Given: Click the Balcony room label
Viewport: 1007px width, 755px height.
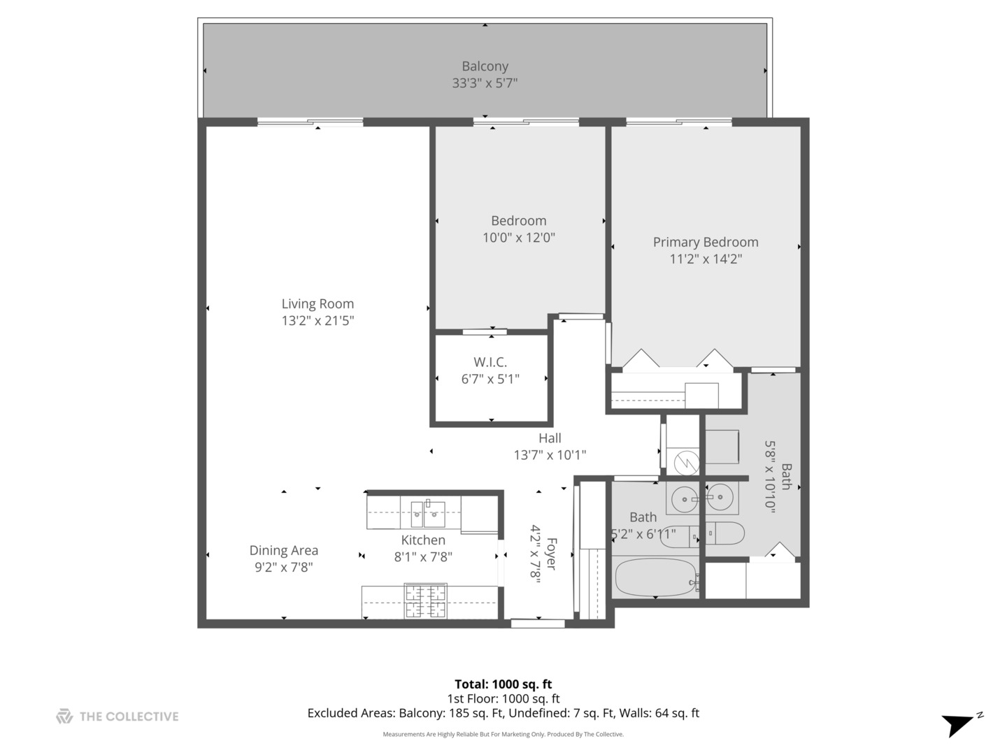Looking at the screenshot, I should point(485,66).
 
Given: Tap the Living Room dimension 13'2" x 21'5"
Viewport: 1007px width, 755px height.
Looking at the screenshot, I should point(317,321).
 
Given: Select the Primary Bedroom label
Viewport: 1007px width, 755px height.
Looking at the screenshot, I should point(705,242).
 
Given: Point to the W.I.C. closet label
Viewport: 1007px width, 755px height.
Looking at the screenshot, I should point(490,362).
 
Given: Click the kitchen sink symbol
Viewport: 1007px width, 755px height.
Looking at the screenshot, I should point(427,514).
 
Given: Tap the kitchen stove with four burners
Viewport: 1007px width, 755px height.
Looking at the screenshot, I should point(425,601).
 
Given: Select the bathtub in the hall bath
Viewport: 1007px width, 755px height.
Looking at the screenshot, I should point(655,577).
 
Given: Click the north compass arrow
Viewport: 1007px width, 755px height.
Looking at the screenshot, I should point(959,724).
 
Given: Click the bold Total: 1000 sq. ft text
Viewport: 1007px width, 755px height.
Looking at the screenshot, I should point(503,684).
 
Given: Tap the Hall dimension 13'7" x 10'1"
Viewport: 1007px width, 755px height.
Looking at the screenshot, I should point(550,455).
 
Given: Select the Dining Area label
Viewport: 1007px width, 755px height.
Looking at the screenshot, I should point(283,550).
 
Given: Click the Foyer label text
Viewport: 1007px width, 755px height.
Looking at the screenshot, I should point(551,554).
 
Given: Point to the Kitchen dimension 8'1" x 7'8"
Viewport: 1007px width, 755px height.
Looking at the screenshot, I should point(423,557).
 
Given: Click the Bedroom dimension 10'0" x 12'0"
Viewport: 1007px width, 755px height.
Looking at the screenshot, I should point(518,238).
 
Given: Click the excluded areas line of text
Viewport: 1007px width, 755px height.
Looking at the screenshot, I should point(503,713).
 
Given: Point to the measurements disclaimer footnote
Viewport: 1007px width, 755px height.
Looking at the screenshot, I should point(503,734).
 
